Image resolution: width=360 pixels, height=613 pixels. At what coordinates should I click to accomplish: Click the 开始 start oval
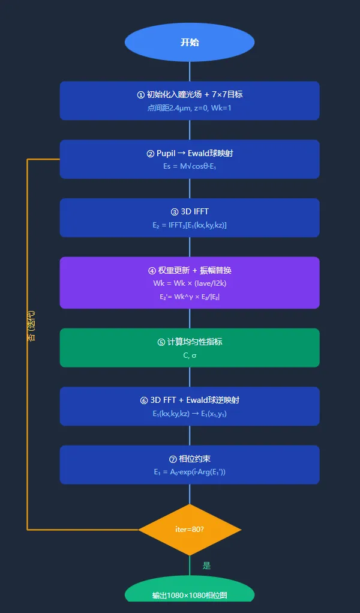(x=190, y=43)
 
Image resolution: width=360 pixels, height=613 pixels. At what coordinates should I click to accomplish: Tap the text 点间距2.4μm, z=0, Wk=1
(x=190, y=108)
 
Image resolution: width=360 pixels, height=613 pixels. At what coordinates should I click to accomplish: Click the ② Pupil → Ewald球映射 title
(x=190, y=153)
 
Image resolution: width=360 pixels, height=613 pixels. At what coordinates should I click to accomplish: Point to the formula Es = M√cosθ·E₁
(x=190, y=167)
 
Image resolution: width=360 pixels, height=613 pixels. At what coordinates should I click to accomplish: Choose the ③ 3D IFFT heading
(x=190, y=211)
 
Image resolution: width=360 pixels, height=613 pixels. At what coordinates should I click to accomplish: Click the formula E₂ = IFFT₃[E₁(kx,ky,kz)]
(x=190, y=225)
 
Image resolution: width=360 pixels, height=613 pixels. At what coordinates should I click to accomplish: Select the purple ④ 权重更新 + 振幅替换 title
(x=190, y=270)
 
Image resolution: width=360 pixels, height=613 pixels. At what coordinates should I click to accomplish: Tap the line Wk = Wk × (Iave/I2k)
(x=190, y=283)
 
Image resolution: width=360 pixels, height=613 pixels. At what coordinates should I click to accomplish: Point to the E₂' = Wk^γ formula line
(x=190, y=297)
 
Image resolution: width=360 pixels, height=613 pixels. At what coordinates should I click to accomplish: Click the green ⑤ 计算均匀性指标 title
(x=190, y=342)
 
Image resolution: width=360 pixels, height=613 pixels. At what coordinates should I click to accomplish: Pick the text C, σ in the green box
(x=190, y=355)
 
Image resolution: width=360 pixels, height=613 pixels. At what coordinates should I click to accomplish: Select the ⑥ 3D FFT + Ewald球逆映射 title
(x=190, y=400)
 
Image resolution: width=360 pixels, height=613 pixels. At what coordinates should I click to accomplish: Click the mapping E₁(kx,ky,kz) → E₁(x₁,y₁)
(x=190, y=414)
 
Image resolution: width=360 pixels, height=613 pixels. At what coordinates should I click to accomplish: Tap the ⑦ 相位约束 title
(x=190, y=459)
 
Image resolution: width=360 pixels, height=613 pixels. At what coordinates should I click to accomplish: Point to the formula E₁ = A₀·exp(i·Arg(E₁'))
(x=190, y=473)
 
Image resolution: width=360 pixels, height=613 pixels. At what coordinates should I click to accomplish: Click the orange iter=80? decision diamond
(x=190, y=530)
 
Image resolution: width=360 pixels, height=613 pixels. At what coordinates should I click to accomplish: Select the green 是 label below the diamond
(x=206, y=566)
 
